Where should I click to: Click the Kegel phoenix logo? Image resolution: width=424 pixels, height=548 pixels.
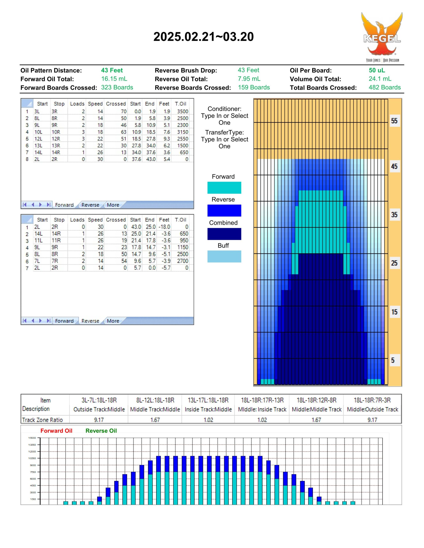click(x=382, y=37)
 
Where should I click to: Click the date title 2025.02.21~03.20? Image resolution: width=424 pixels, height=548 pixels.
click(x=204, y=37)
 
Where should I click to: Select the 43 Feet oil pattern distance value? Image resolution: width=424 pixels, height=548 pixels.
click(x=112, y=70)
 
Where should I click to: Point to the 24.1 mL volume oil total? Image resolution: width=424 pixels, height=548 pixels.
click(x=380, y=79)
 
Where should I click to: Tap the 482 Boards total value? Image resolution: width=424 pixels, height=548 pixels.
click(x=385, y=87)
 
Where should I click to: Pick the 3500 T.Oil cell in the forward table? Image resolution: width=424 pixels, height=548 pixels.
click(x=183, y=111)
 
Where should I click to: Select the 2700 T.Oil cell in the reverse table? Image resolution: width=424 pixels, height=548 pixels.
click(x=183, y=261)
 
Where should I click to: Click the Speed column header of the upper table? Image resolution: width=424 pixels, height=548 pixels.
click(x=95, y=104)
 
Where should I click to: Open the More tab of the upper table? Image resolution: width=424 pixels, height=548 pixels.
click(x=113, y=205)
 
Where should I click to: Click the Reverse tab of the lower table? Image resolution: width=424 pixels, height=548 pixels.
click(x=90, y=321)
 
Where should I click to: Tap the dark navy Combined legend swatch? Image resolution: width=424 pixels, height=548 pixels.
click(x=224, y=234)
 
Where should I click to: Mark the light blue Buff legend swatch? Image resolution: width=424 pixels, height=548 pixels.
click(x=224, y=256)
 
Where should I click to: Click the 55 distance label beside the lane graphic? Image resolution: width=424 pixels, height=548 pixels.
click(x=394, y=121)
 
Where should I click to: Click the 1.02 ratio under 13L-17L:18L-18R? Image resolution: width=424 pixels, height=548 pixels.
click(x=208, y=420)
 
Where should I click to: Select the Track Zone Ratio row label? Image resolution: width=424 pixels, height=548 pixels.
click(x=42, y=420)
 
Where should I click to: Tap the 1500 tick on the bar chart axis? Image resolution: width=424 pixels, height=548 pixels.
click(x=32, y=438)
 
